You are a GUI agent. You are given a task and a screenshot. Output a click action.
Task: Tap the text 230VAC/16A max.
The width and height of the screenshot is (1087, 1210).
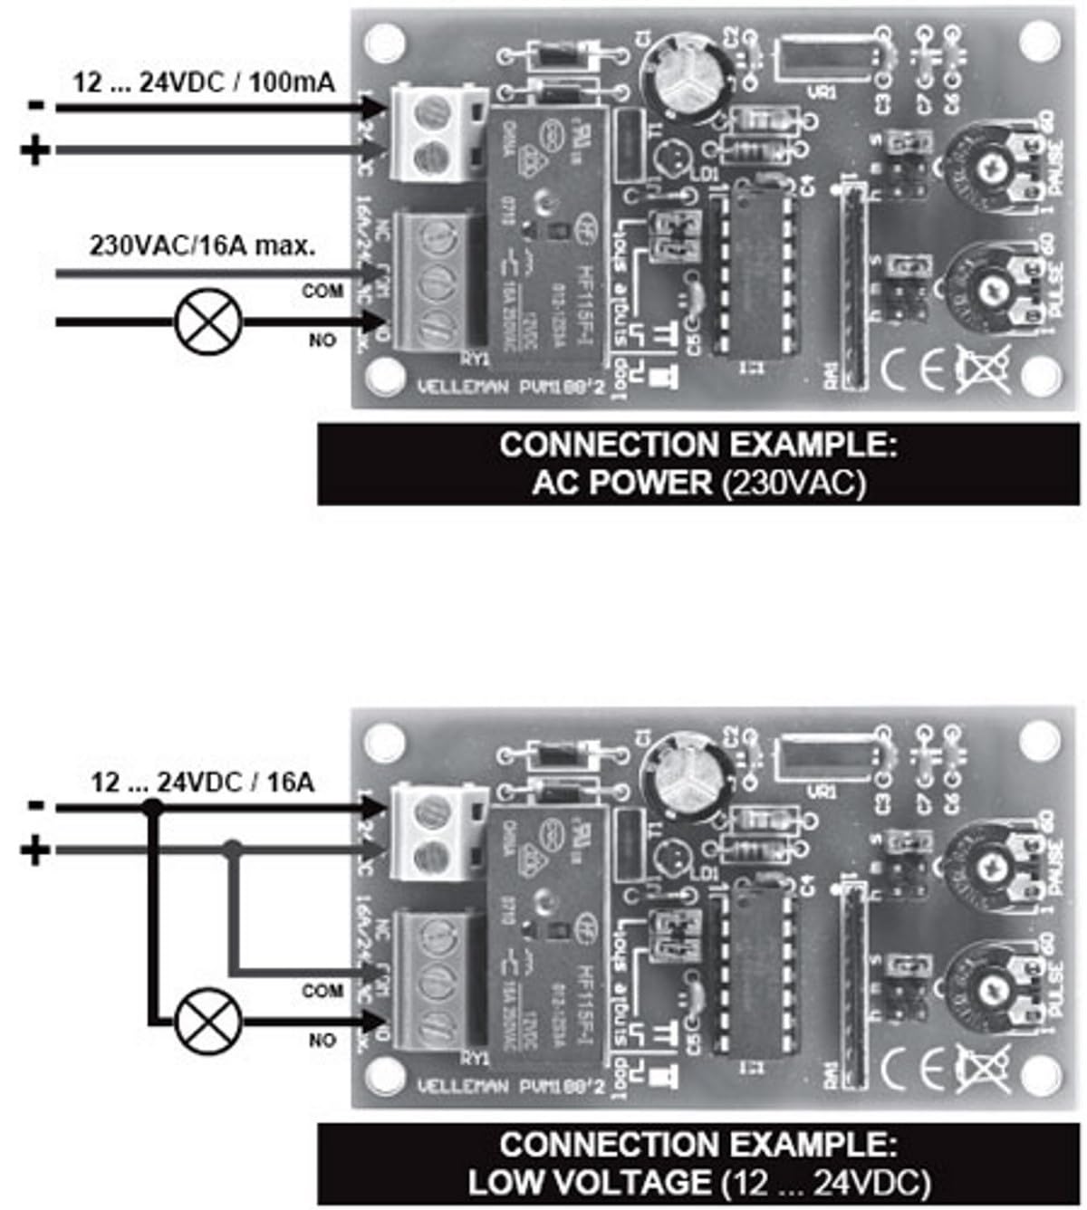[203, 245]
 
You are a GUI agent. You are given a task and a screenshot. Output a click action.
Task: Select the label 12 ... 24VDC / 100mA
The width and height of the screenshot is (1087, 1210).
[204, 83]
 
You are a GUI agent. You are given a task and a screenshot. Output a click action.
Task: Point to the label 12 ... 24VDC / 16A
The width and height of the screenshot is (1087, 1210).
[203, 782]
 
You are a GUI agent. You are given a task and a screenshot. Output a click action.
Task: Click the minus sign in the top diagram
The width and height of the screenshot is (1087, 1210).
[35, 105]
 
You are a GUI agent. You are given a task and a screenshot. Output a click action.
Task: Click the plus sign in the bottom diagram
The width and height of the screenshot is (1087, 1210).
[35, 850]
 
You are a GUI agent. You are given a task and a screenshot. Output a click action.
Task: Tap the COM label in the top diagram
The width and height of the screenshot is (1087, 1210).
[322, 291]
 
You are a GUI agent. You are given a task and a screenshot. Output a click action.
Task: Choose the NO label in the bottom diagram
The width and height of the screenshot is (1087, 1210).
[322, 1041]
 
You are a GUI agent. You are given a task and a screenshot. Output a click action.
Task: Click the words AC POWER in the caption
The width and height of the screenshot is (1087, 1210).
[622, 482]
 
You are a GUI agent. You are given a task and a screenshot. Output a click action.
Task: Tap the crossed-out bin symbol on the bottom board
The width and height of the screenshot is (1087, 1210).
[985, 1070]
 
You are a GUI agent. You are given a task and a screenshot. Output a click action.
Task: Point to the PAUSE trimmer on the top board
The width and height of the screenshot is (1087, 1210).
[989, 168]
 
